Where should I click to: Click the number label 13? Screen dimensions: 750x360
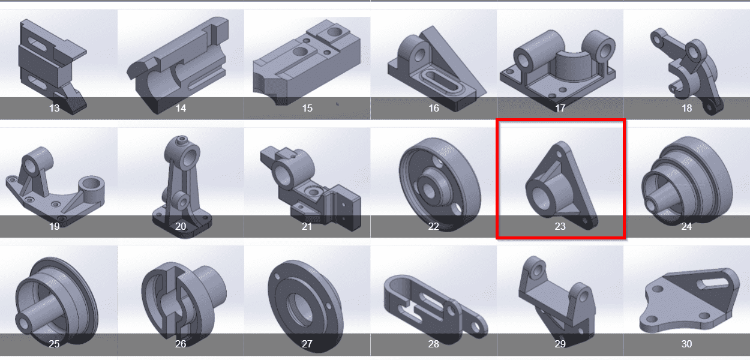tap(54, 108)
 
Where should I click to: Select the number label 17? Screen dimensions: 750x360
tap(560, 108)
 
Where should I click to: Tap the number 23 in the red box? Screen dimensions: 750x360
tap(560, 226)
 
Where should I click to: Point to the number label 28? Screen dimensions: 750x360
tap(434, 344)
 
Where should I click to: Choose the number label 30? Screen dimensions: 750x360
tap(687, 344)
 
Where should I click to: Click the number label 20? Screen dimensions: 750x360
tap(181, 226)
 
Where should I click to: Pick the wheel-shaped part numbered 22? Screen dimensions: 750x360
tap(440, 184)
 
